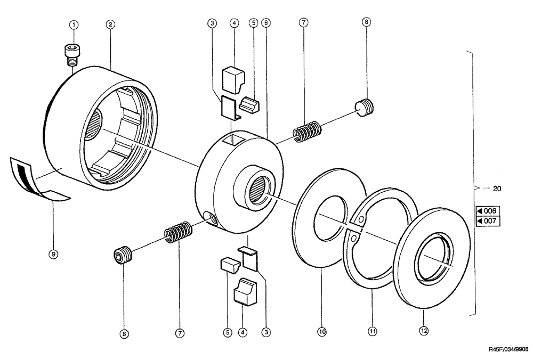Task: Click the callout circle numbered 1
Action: pos(74,24)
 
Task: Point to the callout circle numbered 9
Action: pos(53,254)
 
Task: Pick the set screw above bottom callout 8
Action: pos(124,256)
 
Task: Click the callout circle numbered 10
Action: pos(321,331)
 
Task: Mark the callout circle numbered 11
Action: pos(373,331)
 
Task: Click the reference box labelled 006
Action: pos(487,210)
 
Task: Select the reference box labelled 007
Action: pos(487,220)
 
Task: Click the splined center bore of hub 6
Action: pos(258,188)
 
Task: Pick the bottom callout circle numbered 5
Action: pos(227,331)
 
